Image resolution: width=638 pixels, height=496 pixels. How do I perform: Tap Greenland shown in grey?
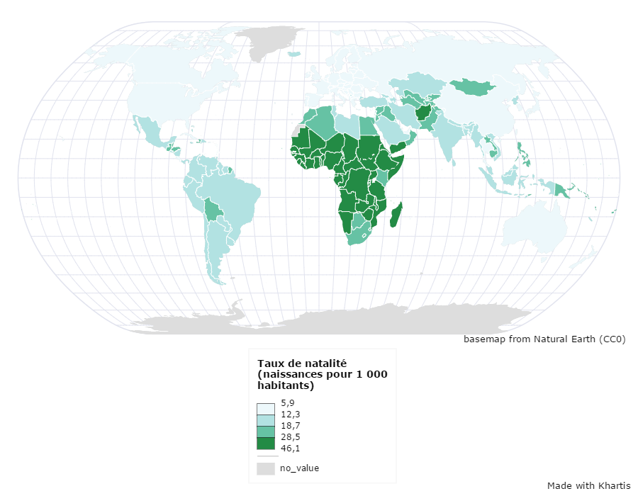(x=269, y=40)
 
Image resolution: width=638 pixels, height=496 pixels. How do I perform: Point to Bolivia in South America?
(x=213, y=209)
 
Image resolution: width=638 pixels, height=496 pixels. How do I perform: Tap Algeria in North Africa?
(x=323, y=124)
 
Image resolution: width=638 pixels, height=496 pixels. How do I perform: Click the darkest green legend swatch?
(x=265, y=444)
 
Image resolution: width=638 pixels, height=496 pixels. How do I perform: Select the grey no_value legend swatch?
(x=265, y=468)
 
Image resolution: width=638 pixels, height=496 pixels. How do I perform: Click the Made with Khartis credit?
(x=588, y=485)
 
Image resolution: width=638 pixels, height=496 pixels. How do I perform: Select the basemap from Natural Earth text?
(x=544, y=339)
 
